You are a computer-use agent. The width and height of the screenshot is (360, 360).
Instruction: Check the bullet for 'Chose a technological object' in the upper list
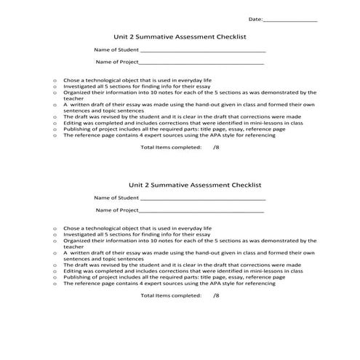(55, 80)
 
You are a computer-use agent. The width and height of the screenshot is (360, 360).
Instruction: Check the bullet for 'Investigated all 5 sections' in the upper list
(55, 87)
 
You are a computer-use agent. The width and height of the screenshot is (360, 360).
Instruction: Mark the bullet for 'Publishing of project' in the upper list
(55, 129)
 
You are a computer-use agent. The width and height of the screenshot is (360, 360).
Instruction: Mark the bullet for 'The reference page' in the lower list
(55, 284)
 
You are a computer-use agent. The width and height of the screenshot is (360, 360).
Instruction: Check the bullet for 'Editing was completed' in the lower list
(55, 271)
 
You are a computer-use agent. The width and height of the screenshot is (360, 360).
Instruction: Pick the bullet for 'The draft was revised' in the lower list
(55, 265)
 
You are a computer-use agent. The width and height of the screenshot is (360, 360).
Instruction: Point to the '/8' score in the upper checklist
(216, 147)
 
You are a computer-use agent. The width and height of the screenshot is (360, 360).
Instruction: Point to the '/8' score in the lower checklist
(216, 296)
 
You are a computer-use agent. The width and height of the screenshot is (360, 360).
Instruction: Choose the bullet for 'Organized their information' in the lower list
(55, 240)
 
